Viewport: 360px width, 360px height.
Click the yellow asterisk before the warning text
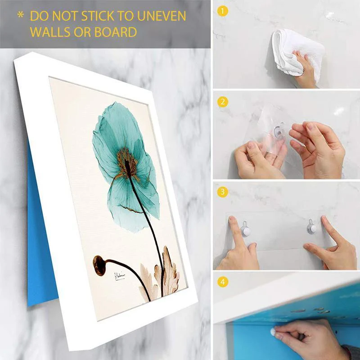(x=20, y=15)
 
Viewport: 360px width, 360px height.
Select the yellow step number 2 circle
(x=222, y=102)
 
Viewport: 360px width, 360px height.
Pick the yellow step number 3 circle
(x=222, y=193)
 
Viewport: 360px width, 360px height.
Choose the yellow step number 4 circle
(x=222, y=283)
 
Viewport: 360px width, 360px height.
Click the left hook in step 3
(x=245, y=229)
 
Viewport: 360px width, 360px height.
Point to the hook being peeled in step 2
(x=279, y=131)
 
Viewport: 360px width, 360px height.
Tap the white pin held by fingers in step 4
(x=273, y=333)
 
